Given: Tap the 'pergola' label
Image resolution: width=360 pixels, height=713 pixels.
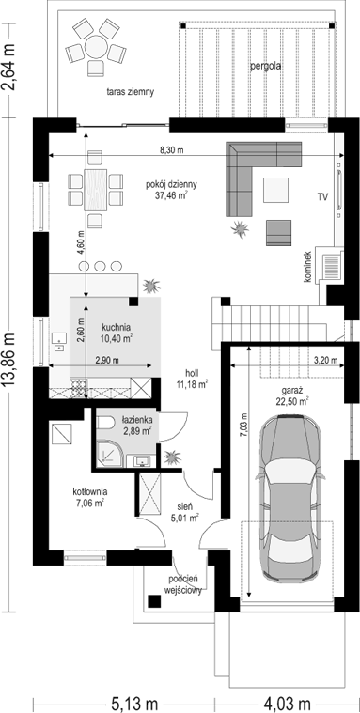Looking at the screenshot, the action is coord(265,67).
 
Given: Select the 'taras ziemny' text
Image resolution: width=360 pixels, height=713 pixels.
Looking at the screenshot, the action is coord(131,91).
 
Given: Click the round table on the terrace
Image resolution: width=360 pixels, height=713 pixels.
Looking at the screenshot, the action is coord(96,46).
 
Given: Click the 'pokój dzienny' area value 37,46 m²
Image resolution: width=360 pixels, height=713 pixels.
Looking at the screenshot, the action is coord(171,195).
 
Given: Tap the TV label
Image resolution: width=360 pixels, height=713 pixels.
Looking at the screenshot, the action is coord(323,196).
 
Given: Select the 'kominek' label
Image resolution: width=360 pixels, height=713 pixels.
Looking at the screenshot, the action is coord(308,267).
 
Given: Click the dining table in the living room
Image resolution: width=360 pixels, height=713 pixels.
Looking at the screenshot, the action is coord(96,189).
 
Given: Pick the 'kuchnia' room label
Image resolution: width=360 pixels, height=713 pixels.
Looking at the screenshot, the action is coord(117,327).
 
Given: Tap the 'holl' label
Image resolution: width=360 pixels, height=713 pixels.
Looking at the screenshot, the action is coord(192,372).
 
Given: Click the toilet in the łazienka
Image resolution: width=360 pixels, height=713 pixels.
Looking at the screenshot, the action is coord(106,424).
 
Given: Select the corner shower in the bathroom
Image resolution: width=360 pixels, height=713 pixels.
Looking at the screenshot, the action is coord(109,454).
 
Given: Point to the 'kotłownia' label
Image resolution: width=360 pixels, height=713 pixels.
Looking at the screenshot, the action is coord(89,491).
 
